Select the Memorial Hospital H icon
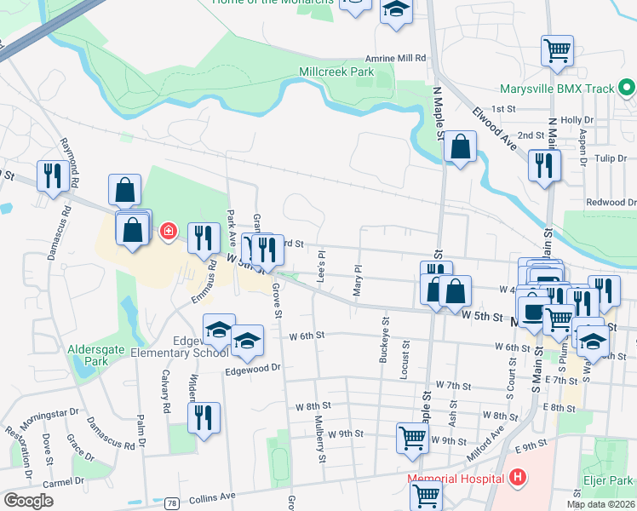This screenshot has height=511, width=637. [514, 478]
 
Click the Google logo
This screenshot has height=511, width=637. [29, 501]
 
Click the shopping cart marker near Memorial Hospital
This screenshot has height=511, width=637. [426, 494]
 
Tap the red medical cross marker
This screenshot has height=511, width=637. [168, 230]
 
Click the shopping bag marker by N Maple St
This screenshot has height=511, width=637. [460, 147]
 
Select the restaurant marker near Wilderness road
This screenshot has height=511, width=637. [204, 417]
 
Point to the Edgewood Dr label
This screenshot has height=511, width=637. [253, 370]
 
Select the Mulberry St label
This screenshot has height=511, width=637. [322, 445]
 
